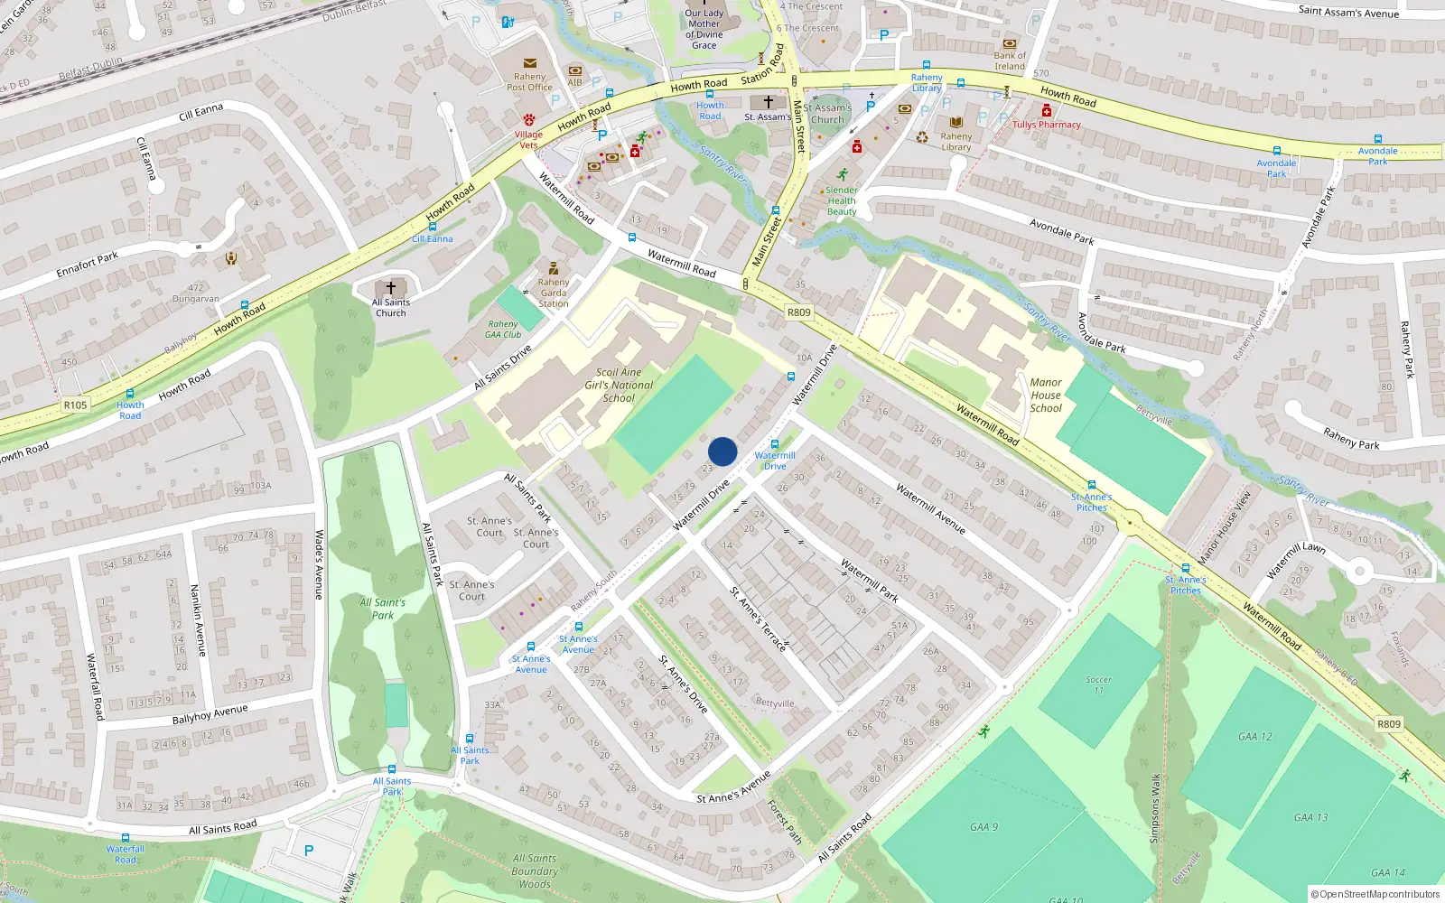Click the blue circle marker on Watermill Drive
[x=722, y=451]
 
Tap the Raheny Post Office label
[x=529, y=82]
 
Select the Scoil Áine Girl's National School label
[x=619, y=385]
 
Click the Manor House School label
[x=1046, y=396]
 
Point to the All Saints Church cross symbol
[x=391, y=287]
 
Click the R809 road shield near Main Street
[x=798, y=312]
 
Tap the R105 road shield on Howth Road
[x=76, y=405]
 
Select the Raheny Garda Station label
[x=554, y=293]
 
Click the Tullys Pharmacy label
[x=1046, y=125]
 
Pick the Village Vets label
[x=528, y=139]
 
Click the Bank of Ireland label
[x=1010, y=61]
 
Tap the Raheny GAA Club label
[x=503, y=329]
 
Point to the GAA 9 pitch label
[x=984, y=826]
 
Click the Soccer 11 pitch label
[x=1099, y=684]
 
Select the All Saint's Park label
[x=383, y=609]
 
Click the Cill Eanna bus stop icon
[x=433, y=227]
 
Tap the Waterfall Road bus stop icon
[x=126, y=838]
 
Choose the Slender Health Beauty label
[x=842, y=200]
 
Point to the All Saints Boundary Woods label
[x=535, y=871]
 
